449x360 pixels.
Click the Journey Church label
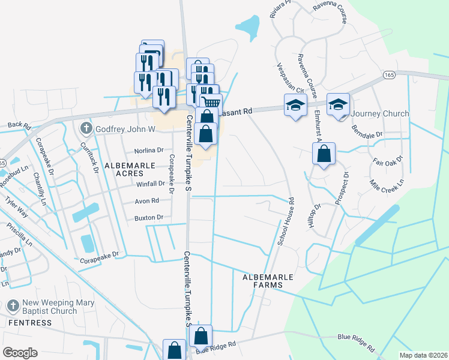379,113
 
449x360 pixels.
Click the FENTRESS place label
30,323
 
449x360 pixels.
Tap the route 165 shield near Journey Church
389,75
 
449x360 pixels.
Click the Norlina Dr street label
149,151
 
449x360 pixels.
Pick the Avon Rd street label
146,200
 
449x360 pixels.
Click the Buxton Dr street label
149,217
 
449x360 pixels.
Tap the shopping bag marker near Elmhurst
324,154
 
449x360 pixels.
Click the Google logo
20,353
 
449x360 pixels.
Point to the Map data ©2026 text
423,355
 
